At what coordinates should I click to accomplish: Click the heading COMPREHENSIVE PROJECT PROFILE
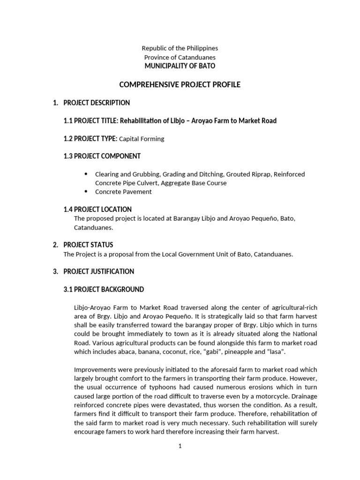[180, 85]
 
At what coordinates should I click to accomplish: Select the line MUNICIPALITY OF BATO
[180, 66]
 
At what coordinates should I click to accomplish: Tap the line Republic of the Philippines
[180, 48]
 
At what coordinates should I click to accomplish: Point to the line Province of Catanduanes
[180, 57]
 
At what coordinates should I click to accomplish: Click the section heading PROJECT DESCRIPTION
[97, 103]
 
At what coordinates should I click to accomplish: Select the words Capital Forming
[142, 139]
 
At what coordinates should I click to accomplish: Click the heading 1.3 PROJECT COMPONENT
[102, 156]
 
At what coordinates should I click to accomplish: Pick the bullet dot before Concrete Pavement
[86, 191]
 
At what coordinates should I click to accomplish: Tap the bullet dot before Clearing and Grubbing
[86, 173]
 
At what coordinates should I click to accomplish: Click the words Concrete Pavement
[123, 192]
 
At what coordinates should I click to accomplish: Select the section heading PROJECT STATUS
[88, 245]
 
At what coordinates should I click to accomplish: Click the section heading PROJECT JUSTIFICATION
[98, 271]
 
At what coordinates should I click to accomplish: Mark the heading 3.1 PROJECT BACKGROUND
[104, 289]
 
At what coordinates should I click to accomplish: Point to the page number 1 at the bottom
[180, 446]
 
